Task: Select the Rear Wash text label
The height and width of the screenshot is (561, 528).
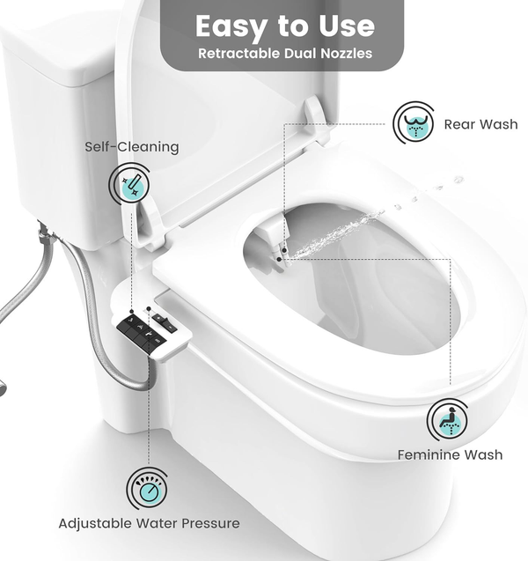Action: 480,124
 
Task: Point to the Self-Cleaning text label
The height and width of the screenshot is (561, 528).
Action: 132,147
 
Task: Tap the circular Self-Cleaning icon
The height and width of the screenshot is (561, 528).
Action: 129,185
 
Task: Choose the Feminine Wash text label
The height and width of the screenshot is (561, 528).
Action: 450,454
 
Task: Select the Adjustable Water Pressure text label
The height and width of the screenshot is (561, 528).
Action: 149,523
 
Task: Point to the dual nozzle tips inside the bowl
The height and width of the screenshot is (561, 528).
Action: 280,255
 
